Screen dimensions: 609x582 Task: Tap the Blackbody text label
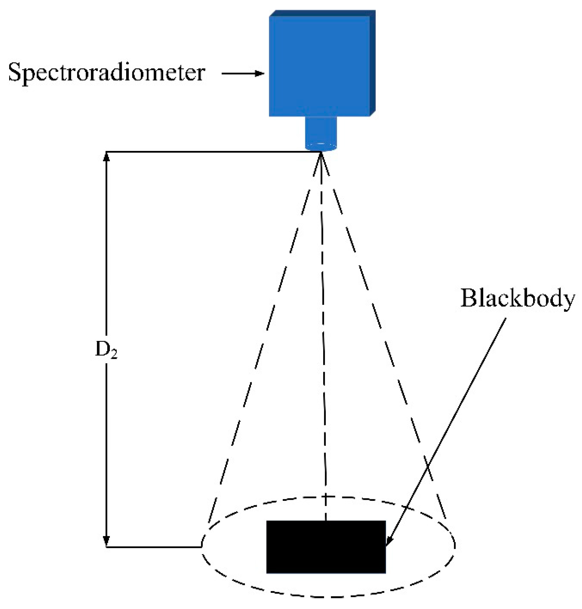[x=517, y=299]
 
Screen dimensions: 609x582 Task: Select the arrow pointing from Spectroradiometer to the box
[x=243, y=74]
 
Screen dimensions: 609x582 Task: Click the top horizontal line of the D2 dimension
[x=211, y=152]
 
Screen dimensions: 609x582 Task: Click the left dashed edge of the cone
[x=264, y=341]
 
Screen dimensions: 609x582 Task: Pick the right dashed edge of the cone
[x=381, y=341]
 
